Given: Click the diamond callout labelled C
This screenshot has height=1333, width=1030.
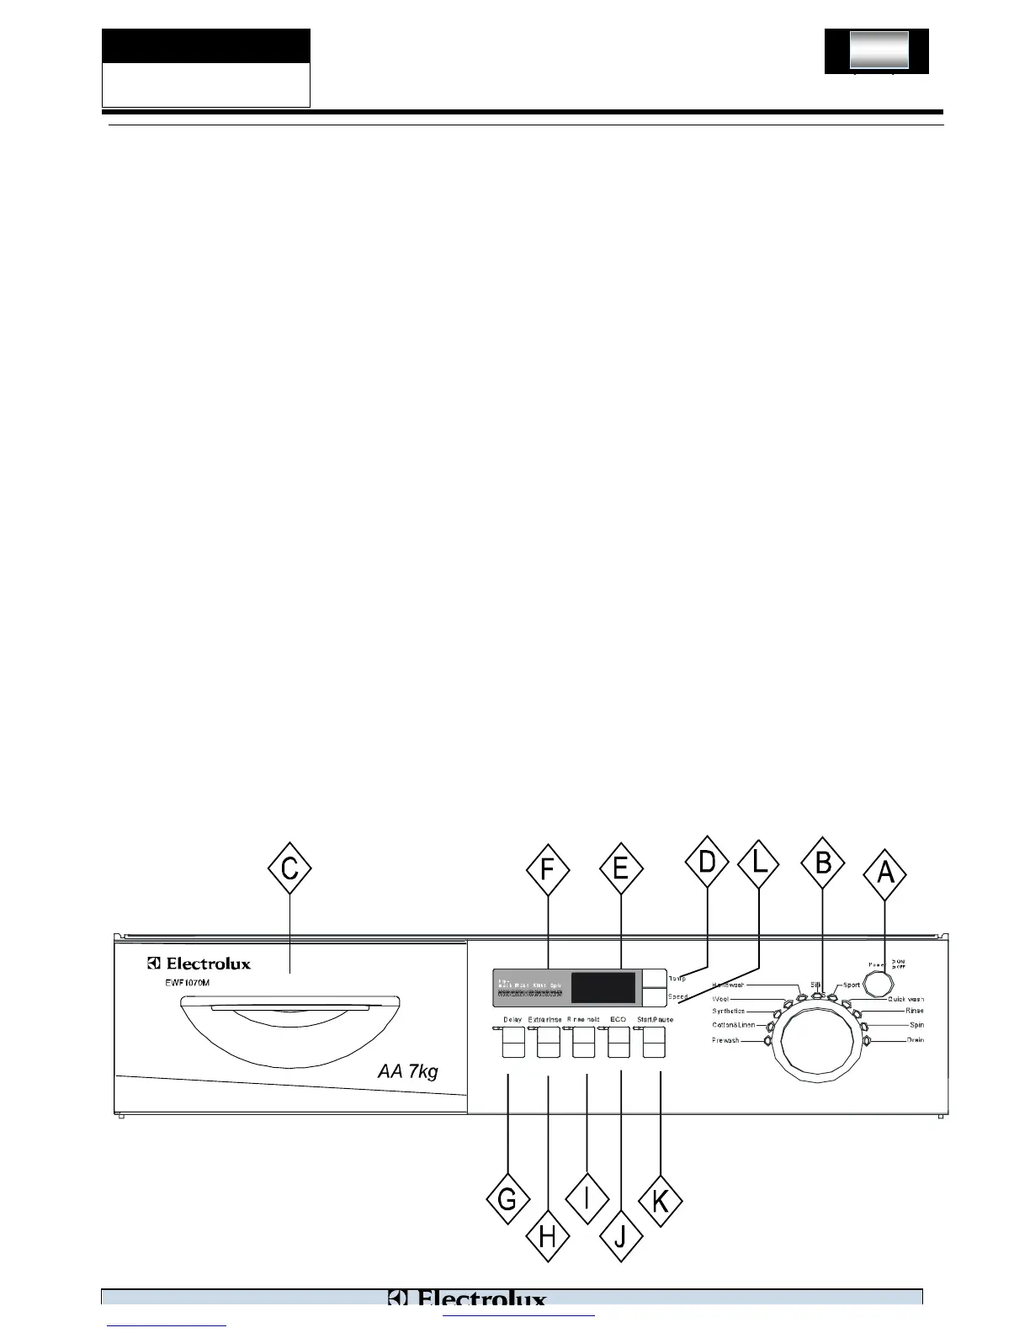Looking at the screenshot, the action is click(x=289, y=868).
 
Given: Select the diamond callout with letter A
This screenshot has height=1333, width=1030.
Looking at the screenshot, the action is click(x=884, y=874).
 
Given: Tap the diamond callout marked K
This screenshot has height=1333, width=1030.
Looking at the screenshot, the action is click(x=661, y=1200).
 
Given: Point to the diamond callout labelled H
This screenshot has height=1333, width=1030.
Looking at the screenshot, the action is click(x=547, y=1236).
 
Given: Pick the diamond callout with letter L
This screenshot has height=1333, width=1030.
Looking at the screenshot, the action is click(x=758, y=862).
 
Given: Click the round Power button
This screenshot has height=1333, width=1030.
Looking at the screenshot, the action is click(x=878, y=983).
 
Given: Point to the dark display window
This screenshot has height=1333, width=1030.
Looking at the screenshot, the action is click(x=603, y=987).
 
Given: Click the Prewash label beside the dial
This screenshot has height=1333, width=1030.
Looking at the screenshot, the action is click(x=725, y=1041).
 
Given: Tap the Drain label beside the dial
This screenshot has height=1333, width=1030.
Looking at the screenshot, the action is click(x=915, y=1041).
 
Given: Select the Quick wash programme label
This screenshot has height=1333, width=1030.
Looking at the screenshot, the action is click(x=905, y=999).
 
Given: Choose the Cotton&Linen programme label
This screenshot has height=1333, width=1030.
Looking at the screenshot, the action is click(x=734, y=1026).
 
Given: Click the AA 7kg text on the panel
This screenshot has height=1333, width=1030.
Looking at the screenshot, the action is click(x=408, y=1072).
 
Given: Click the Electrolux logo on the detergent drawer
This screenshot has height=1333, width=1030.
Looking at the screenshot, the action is click(x=199, y=964).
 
